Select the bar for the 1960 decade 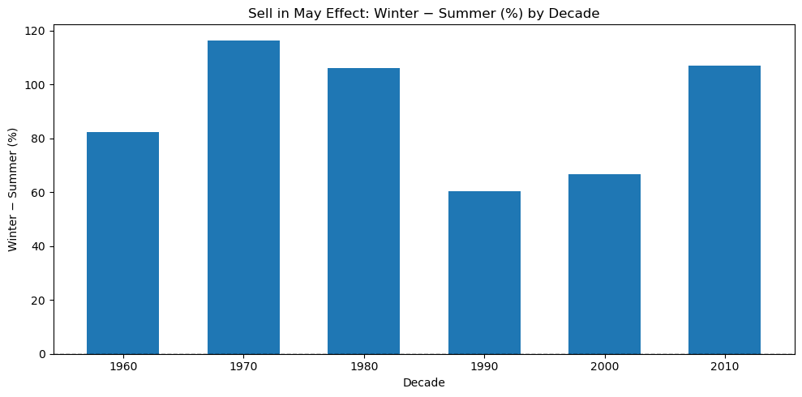(122, 243)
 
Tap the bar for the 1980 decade (363, 211)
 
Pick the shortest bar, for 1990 (484, 272)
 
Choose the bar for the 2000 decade (604, 264)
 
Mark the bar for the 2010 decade (724, 210)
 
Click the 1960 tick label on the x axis (122, 366)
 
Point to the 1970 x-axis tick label (243, 366)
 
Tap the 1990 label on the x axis (484, 366)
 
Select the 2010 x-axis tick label (724, 366)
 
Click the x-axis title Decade (423, 382)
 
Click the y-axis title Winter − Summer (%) (13, 189)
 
